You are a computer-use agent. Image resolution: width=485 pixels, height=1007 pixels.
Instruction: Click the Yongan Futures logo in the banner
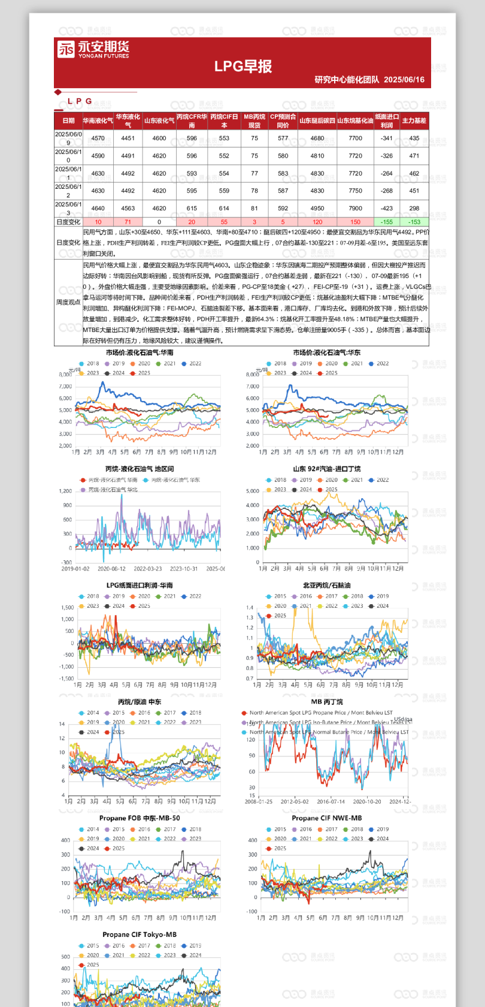pyautogui.click(x=93, y=49)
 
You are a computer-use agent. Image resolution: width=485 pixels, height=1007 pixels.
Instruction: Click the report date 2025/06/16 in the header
pyautogui.click(x=404, y=80)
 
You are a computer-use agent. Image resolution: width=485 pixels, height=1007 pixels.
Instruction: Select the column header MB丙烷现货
pyautogui.click(x=254, y=121)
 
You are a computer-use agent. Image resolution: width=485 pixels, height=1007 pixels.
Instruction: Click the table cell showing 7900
pyautogui.click(x=355, y=209)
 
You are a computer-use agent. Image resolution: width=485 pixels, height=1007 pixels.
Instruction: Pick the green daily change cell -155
pyautogui.click(x=387, y=222)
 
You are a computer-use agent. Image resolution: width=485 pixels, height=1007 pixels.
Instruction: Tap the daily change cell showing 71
pyautogui.click(x=128, y=222)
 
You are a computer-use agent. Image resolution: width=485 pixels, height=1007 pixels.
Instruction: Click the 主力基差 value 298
pyautogui.click(x=414, y=209)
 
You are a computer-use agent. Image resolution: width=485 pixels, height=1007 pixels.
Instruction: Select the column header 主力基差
pyautogui.click(x=414, y=121)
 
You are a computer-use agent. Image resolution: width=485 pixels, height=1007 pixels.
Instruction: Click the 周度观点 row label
pyautogui.click(x=68, y=302)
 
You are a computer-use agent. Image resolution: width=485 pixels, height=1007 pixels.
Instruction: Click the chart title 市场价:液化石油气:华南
pyautogui.click(x=140, y=352)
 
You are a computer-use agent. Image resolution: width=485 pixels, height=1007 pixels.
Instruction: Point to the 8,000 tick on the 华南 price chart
pyautogui.click(x=65, y=375)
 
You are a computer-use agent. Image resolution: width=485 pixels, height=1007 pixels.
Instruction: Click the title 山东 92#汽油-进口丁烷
pyautogui.click(x=326, y=469)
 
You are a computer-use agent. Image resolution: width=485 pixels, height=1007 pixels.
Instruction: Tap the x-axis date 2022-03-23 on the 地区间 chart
pyautogui.click(x=147, y=569)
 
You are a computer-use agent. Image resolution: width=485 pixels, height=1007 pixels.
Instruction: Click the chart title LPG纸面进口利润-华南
pyautogui.click(x=140, y=585)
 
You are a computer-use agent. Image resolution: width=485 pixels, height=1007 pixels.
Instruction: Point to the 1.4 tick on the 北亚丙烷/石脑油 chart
pyautogui.click(x=250, y=608)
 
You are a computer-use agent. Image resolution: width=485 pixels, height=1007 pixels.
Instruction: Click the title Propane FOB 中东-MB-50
pyautogui.click(x=140, y=818)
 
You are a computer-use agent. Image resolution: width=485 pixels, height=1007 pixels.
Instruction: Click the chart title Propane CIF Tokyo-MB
pyautogui.click(x=140, y=934)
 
